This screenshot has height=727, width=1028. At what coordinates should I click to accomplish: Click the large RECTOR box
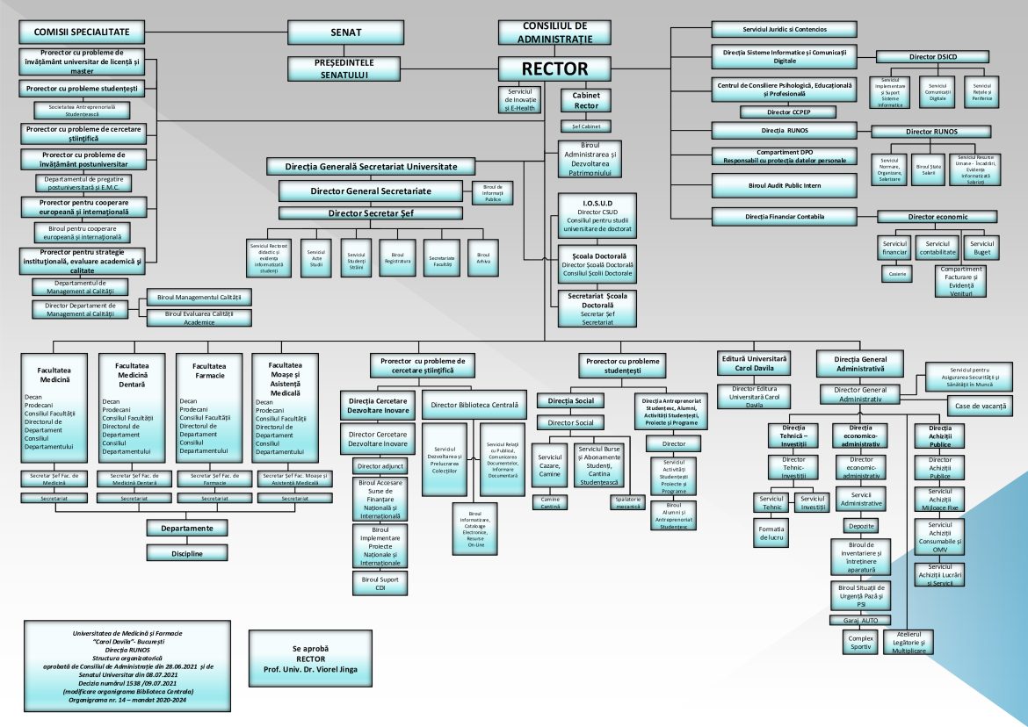pos(554,68)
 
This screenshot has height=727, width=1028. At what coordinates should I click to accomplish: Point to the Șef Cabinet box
pos(585,126)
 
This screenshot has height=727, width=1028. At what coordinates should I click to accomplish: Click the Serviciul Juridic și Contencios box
pos(785,29)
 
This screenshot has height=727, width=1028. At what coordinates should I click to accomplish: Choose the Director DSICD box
pos(934,57)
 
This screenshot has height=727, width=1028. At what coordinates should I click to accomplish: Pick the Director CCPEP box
pos(785,112)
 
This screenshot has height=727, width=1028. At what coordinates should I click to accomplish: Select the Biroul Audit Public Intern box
pos(785,184)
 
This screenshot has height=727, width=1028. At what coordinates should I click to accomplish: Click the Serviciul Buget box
pos(981,248)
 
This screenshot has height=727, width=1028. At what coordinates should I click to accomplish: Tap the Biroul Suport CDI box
pos(380,582)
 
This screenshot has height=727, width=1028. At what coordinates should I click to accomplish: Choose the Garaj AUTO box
pos(860,620)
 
